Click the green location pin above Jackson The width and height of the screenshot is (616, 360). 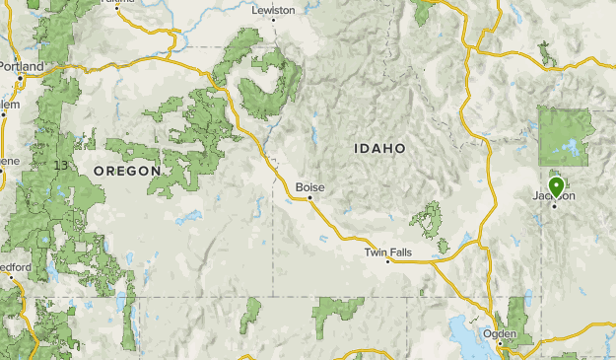click(x=556, y=185)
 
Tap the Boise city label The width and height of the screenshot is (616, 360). click(x=309, y=186)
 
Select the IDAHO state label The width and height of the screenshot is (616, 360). click(x=379, y=148)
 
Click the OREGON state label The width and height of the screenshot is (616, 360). click(x=126, y=171)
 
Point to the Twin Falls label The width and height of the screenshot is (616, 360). click(x=387, y=252)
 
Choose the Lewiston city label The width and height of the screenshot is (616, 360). click(x=273, y=10)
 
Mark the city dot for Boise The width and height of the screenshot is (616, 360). click(x=309, y=197)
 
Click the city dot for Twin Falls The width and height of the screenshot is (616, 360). click(x=388, y=262)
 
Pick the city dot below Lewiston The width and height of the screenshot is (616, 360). click(x=273, y=21)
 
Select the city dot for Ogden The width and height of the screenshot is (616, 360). click(x=498, y=342)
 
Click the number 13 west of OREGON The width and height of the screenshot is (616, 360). click(x=63, y=164)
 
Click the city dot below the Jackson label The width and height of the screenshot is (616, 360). click(x=555, y=205)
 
